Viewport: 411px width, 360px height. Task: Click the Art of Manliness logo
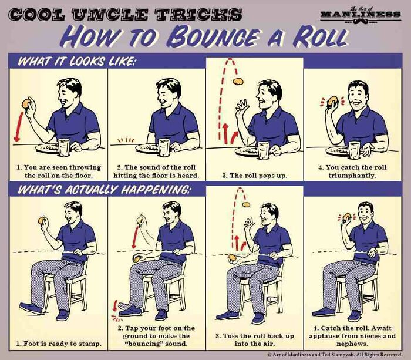(x=361, y=16)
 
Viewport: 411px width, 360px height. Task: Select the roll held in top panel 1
(x=26, y=103)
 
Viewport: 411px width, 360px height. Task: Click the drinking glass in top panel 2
(x=164, y=147)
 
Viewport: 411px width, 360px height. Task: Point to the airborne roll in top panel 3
(x=238, y=82)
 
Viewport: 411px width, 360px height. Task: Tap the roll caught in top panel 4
(x=333, y=102)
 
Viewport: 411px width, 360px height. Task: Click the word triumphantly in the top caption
(x=352, y=176)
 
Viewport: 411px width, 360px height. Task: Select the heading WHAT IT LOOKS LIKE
(x=77, y=62)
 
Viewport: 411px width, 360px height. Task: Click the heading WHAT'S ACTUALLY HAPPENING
(x=104, y=190)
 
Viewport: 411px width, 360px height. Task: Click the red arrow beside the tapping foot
(x=114, y=306)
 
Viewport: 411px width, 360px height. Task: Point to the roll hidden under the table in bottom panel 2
(x=137, y=260)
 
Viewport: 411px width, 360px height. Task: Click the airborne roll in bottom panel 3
(x=246, y=204)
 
